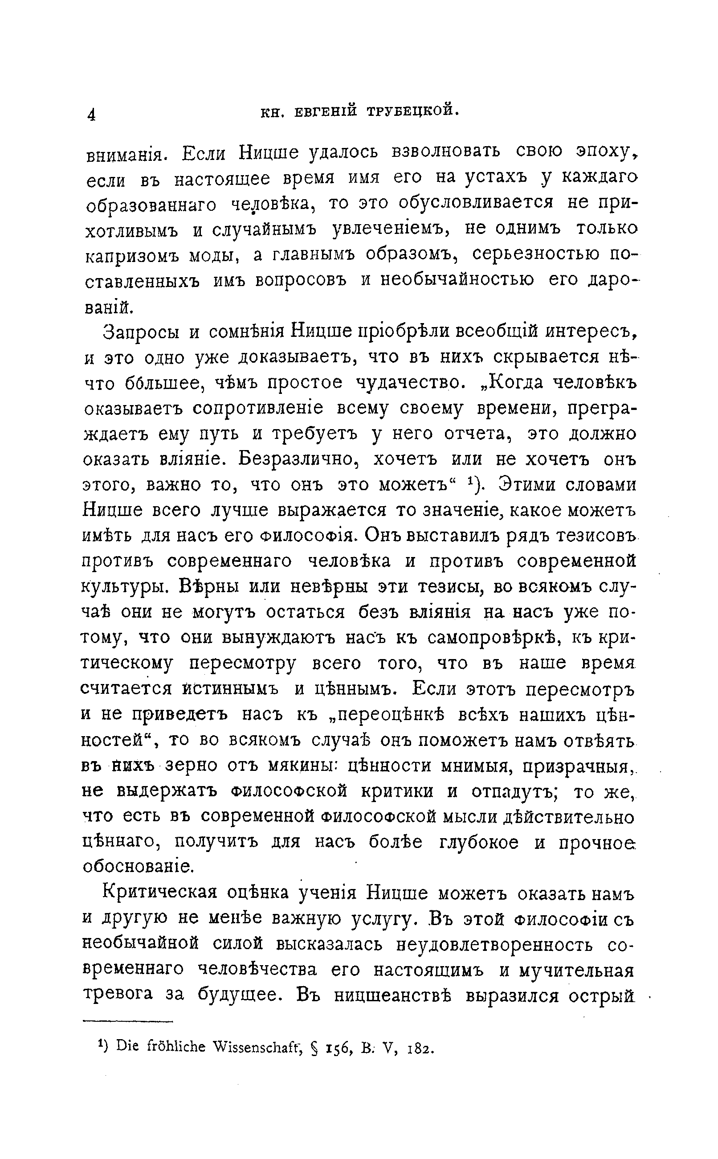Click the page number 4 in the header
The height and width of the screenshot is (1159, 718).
tap(92, 115)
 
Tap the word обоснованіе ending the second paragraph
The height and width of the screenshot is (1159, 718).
tap(138, 867)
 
